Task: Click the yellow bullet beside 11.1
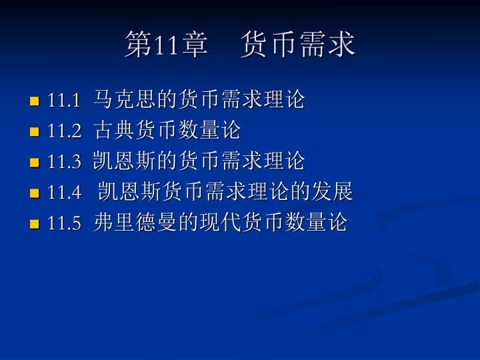[34, 101]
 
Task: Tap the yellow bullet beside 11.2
[34, 131]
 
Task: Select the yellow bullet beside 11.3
[34, 162]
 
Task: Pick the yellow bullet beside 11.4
[34, 193]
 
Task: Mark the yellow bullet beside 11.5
[34, 224]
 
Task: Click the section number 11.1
[64, 100]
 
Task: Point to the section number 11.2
[64, 131]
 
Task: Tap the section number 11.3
[64, 161]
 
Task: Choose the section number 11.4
[64, 192]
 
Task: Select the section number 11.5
[64, 223]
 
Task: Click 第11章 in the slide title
[166, 44]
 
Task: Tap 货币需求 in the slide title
[297, 44]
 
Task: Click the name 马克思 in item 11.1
[124, 99]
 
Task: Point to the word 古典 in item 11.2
[114, 130]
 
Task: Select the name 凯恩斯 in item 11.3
[124, 161]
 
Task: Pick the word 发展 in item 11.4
[333, 191]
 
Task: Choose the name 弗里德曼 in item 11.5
[135, 221]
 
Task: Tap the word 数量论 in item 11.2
[209, 130]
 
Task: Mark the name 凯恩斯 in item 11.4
[130, 191]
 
